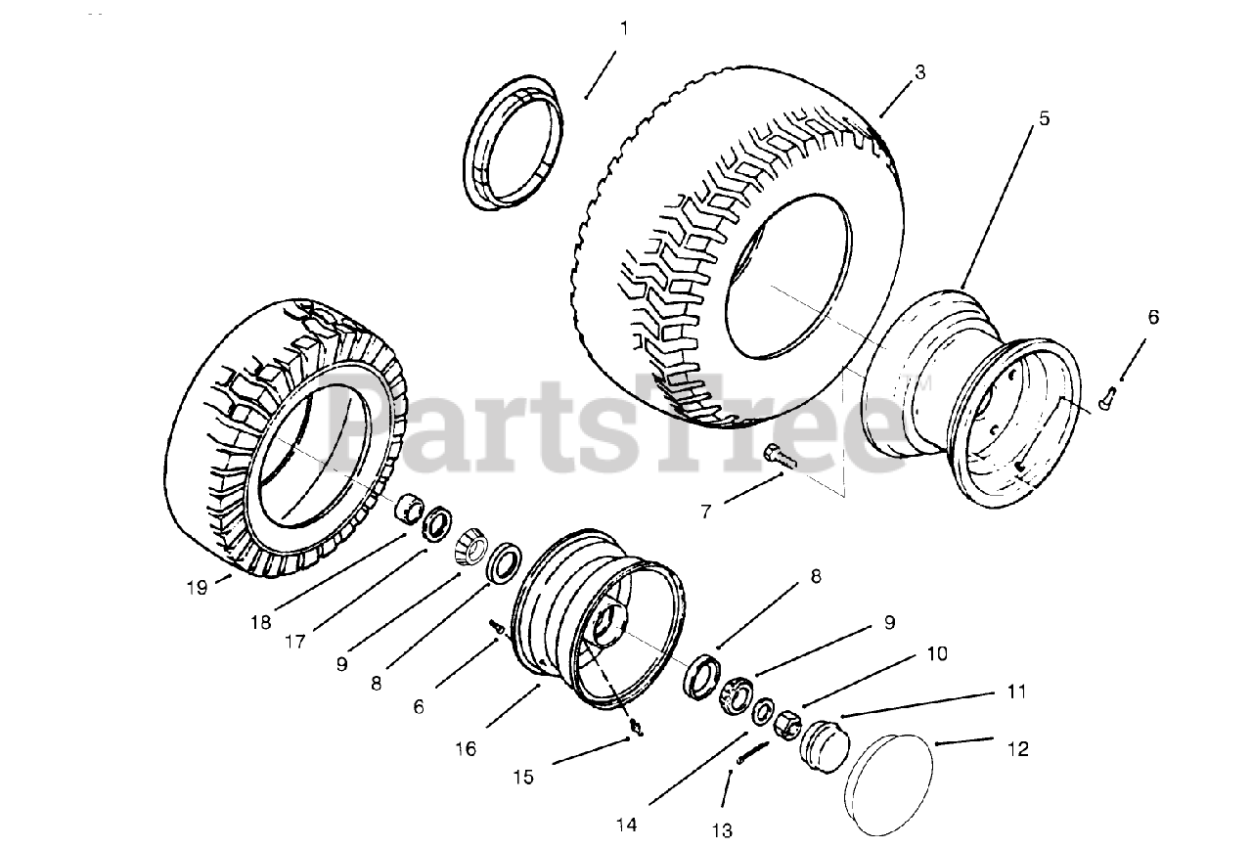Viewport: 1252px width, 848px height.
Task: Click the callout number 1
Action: pyautogui.click(x=623, y=28)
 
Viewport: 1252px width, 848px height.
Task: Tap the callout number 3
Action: pyautogui.click(x=919, y=71)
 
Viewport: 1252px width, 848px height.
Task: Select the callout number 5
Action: pyautogui.click(x=1044, y=117)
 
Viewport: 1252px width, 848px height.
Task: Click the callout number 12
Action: pyautogui.click(x=1017, y=750)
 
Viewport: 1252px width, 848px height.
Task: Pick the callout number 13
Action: pyautogui.click(x=722, y=831)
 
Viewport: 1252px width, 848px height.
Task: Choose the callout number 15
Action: pyautogui.click(x=524, y=777)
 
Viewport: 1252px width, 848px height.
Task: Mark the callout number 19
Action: pyautogui.click(x=198, y=587)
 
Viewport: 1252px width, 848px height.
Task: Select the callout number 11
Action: pyautogui.click(x=1017, y=692)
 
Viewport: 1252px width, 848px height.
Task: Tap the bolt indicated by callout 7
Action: pyautogui.click(x=780, y=454)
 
